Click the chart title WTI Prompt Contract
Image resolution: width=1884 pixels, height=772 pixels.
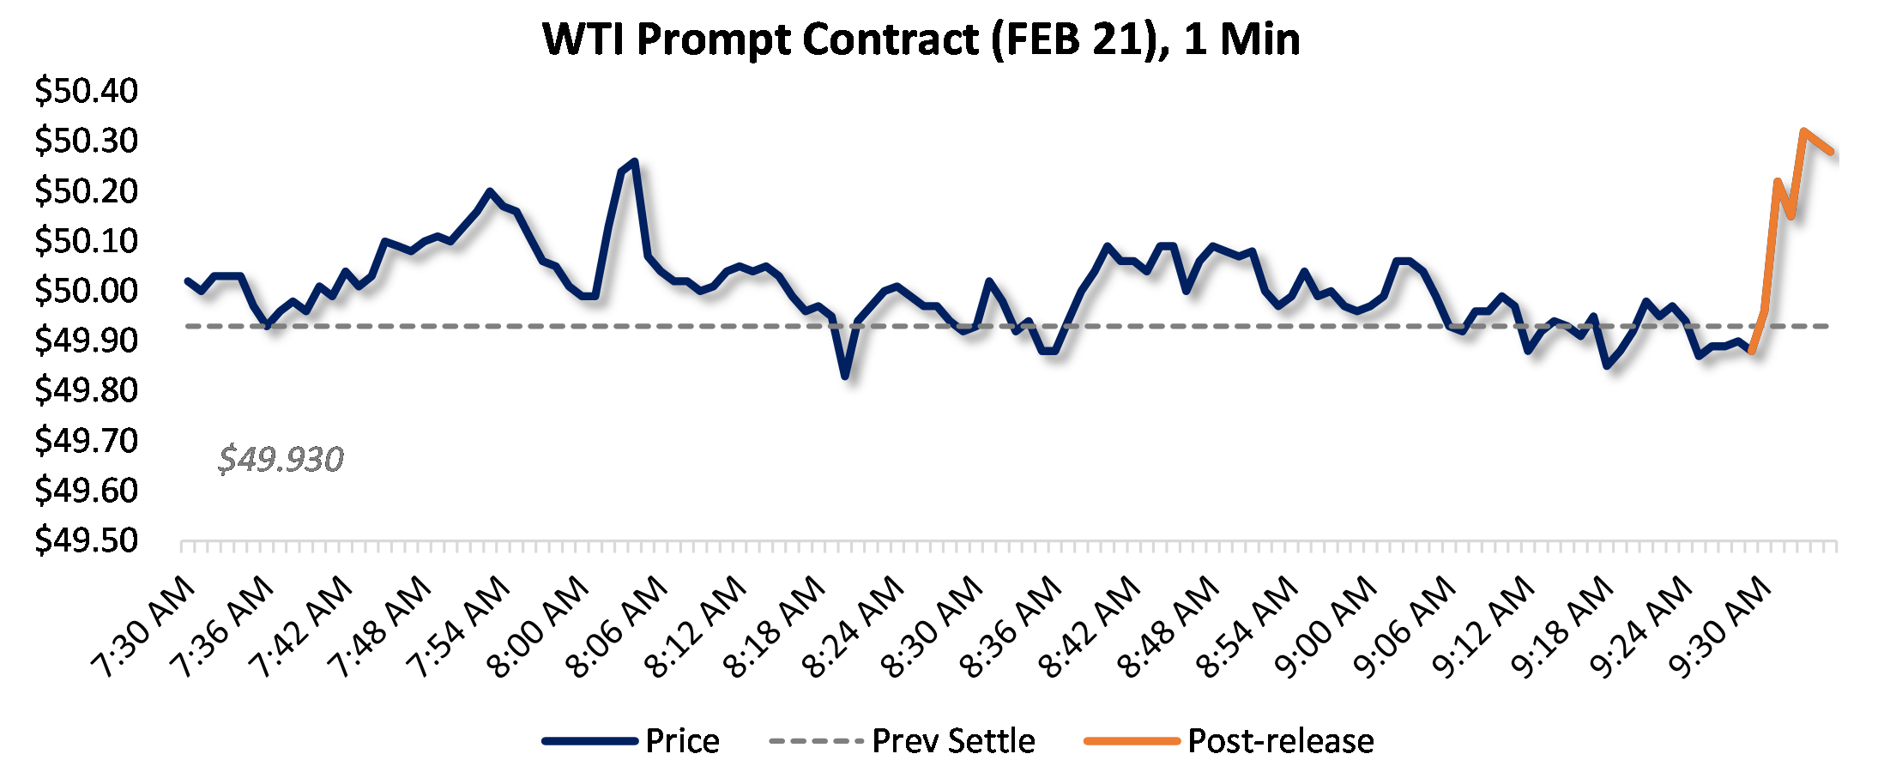[x=921, y=39]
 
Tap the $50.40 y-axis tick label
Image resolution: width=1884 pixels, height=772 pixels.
[x=86, y=90]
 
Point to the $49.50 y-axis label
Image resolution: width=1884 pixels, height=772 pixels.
[x=86, y=540]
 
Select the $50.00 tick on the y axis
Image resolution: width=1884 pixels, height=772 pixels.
[x=86, y=290]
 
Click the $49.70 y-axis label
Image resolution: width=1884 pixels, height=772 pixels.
[x=86, y=440]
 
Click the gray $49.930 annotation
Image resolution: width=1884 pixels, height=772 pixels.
[x=281, y=460]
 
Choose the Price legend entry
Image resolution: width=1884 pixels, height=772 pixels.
[x=631, y=740]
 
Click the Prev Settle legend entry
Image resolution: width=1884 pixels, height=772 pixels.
[x=903, y=740]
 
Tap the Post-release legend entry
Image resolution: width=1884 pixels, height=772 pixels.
[x=1229, y=740]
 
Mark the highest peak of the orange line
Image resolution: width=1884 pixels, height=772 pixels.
[x=1804, y=130]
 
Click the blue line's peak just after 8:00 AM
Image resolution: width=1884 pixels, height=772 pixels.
[x=634, y=160]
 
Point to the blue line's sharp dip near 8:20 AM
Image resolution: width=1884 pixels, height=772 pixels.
[x=845, y=376]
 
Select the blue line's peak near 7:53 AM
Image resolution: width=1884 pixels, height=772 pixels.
[x=489, y=190]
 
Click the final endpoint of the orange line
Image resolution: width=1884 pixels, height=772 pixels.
[x=1832, y=152]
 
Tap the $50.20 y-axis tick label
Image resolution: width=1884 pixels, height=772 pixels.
[x=86, y=190]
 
